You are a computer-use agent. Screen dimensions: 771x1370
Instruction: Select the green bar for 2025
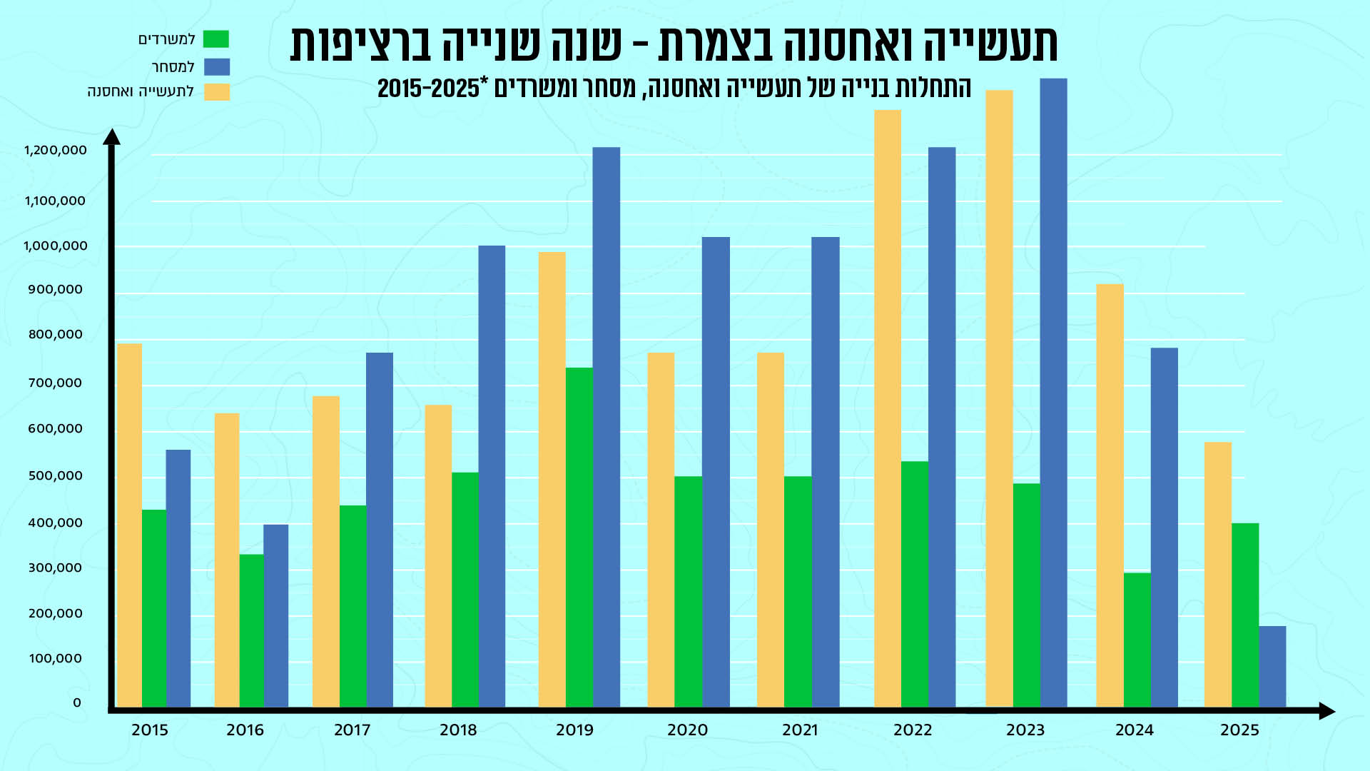tap(1245, 615)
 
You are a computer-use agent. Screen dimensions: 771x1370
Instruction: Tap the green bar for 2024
tap(1137, 640)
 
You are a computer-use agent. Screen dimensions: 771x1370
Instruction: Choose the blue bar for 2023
tap(1054, 393)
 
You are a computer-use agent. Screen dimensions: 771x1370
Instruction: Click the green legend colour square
tap(216, 39)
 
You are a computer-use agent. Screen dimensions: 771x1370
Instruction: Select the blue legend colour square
tap(217, 67)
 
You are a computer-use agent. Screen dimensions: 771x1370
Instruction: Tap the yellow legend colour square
tap(217, 92)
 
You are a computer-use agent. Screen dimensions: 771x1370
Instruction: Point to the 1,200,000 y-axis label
tap(56, 151)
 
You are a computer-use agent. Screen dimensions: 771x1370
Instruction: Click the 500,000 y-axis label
tap(56, 476)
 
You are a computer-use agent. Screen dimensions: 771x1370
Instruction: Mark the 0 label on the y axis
tap(77, 703)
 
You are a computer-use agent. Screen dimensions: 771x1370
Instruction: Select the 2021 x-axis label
tap(800, 730)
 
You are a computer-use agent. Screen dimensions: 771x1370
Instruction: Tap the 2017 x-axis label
tap(352, 730)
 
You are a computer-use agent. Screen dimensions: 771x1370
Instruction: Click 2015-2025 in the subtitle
tap(428, 89)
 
